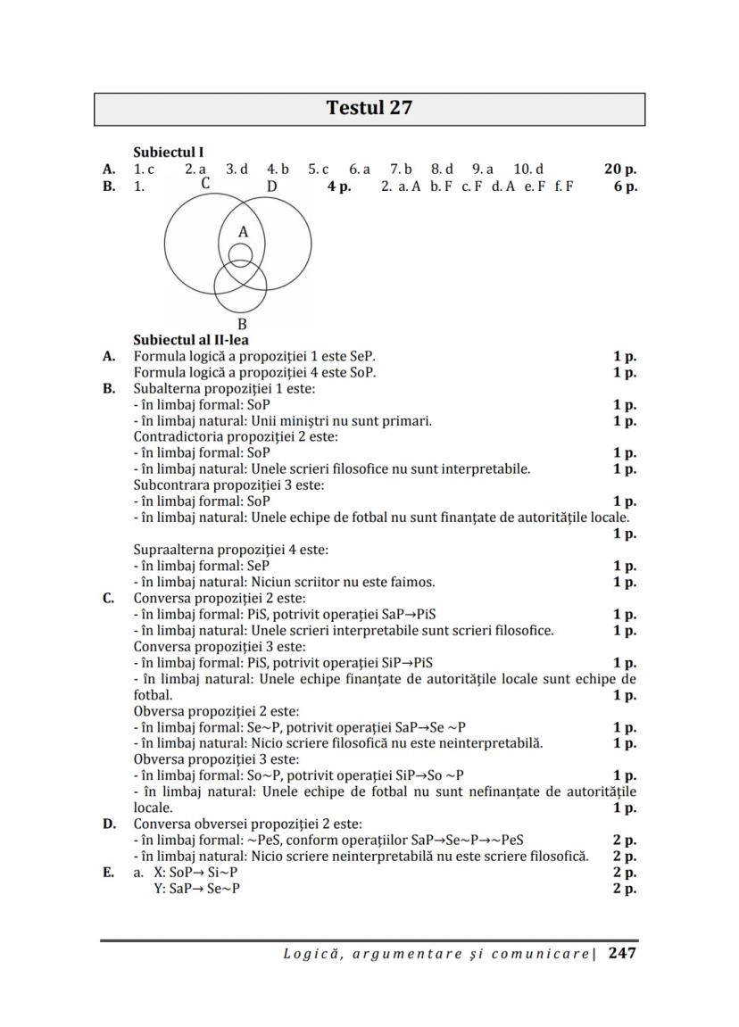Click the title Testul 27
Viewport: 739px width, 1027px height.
(369, 109)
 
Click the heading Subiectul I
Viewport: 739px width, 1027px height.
(168, 153)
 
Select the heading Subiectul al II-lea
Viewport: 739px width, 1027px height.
(191, 340)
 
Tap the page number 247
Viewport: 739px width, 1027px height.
(622, 953)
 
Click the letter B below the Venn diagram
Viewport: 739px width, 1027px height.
(242, 325)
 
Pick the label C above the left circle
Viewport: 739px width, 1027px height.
(205, 184)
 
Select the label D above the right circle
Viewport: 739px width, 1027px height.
(272, 186)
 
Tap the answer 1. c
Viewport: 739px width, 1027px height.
(144, 169)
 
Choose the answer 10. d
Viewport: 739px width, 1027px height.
(528, 169)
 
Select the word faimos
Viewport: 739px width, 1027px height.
(414, 582)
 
